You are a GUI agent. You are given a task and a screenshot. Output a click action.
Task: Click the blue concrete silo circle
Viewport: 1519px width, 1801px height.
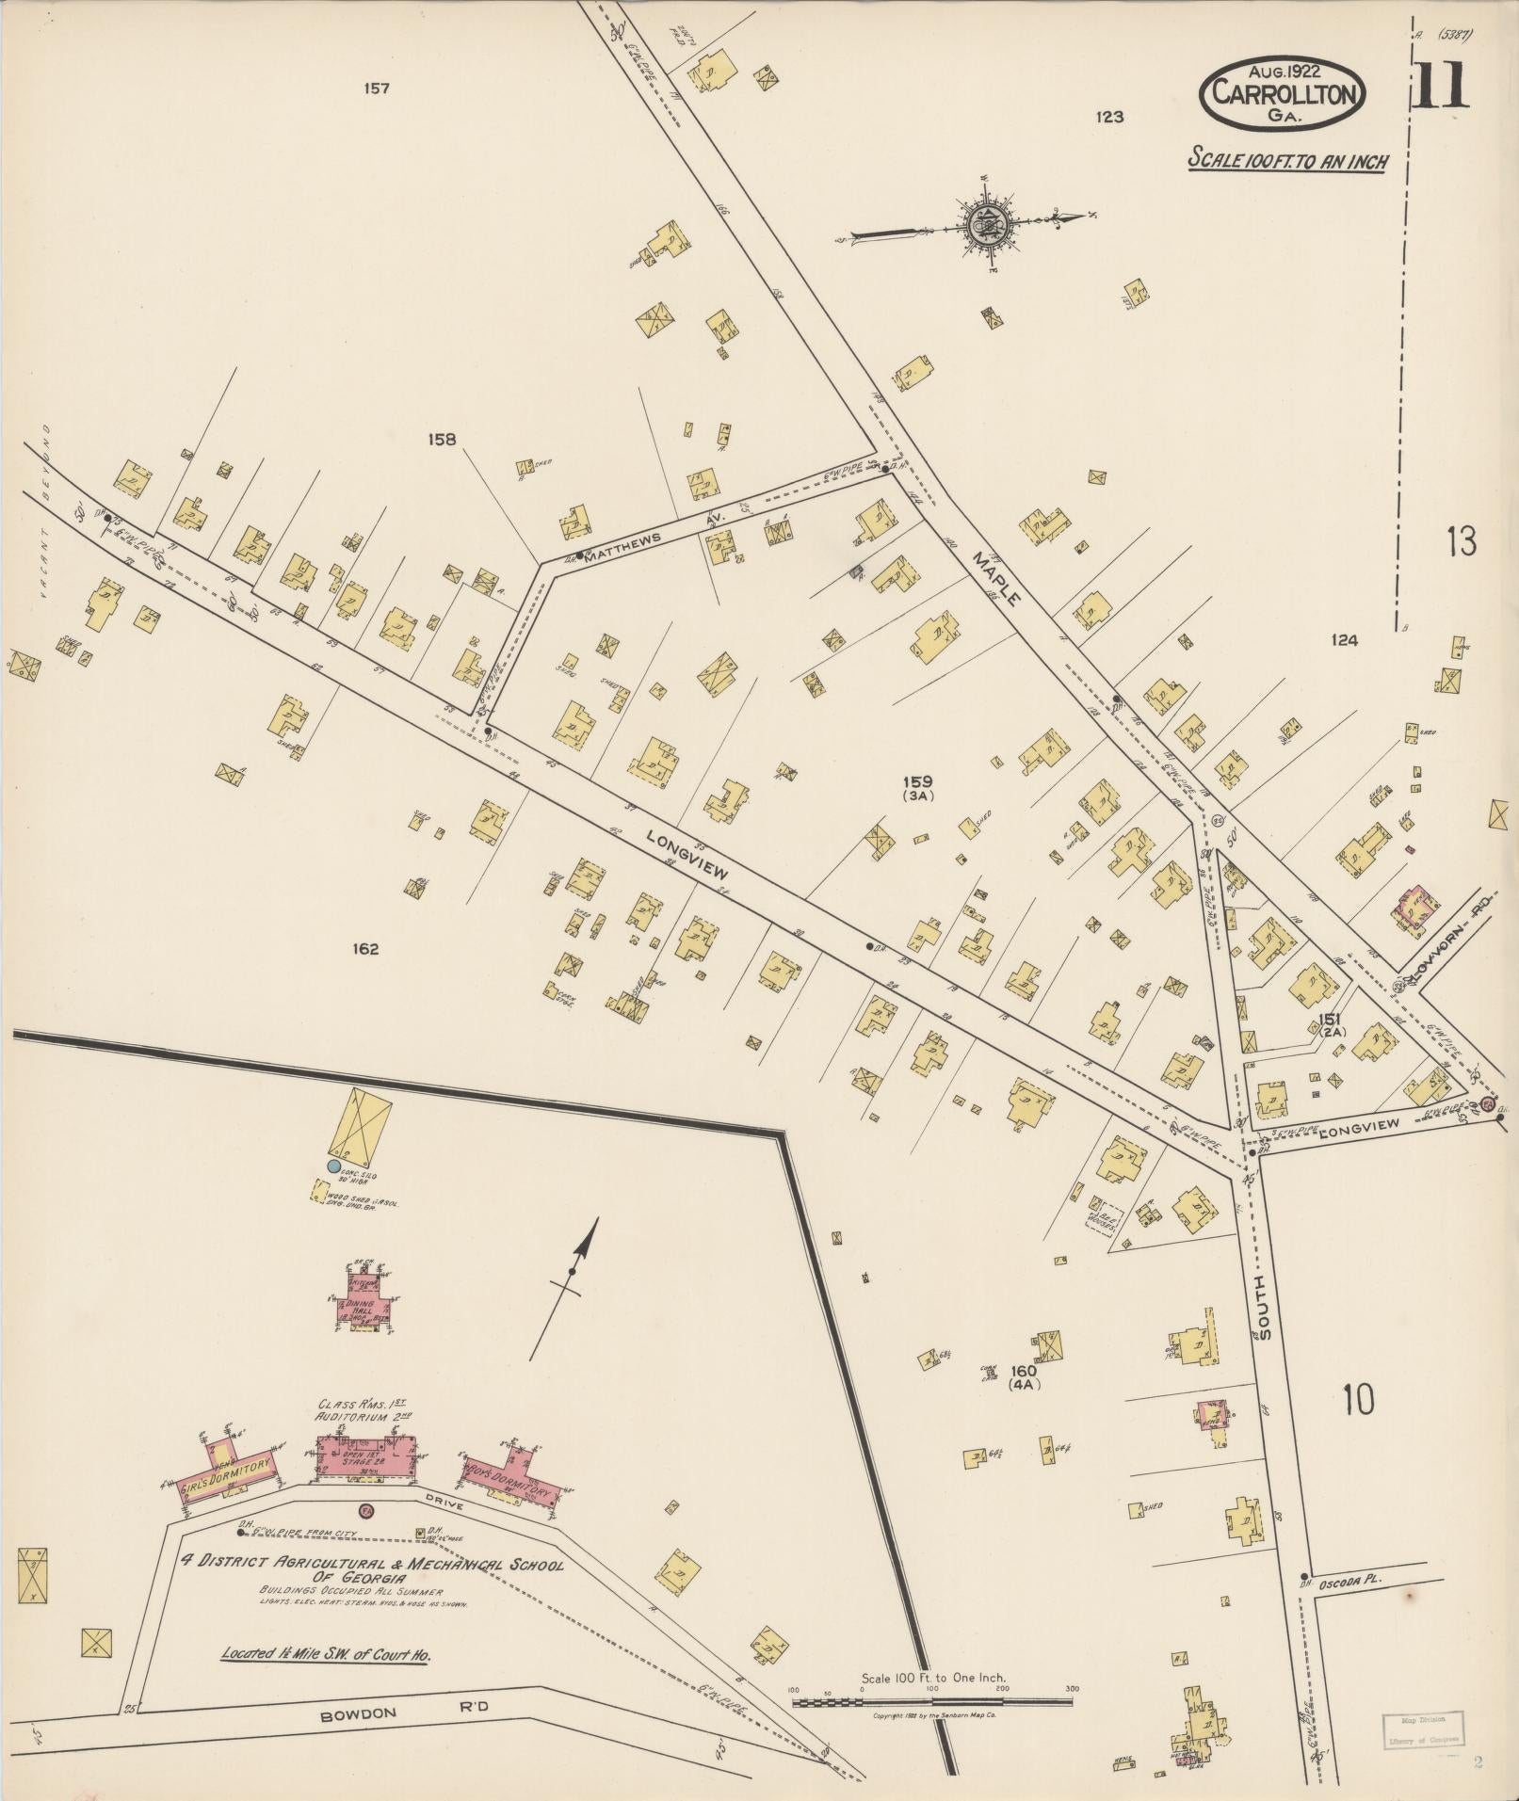pos(332,1166)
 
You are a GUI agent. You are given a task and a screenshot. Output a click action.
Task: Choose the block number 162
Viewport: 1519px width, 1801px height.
pos(365,949)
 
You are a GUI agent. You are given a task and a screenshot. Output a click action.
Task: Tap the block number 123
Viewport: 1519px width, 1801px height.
pos(1110,117)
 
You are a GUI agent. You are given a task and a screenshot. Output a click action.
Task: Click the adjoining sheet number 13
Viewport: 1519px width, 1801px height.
pos(1461,542)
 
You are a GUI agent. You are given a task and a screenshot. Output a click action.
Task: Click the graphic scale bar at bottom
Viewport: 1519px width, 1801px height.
pos(932,1702)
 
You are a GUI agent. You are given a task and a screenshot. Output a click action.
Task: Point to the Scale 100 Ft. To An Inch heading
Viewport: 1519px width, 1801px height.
pos(1287,160)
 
